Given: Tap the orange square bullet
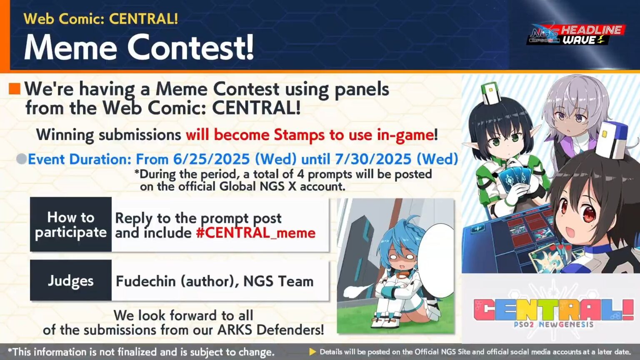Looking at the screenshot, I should click(15, 88).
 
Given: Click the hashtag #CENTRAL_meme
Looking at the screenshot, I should click(255, 232).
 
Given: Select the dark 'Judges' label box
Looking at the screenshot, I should click(71, 280).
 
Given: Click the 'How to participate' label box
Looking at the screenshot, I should click(71, 225).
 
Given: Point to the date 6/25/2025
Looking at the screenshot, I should click(211, 159).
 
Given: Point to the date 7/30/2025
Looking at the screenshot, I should click(367, 159).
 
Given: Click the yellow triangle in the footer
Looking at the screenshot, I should click(312, 352).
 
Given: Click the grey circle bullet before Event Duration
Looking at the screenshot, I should click(21, 159).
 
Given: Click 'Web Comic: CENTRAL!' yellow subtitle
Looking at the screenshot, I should click(101, 19).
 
